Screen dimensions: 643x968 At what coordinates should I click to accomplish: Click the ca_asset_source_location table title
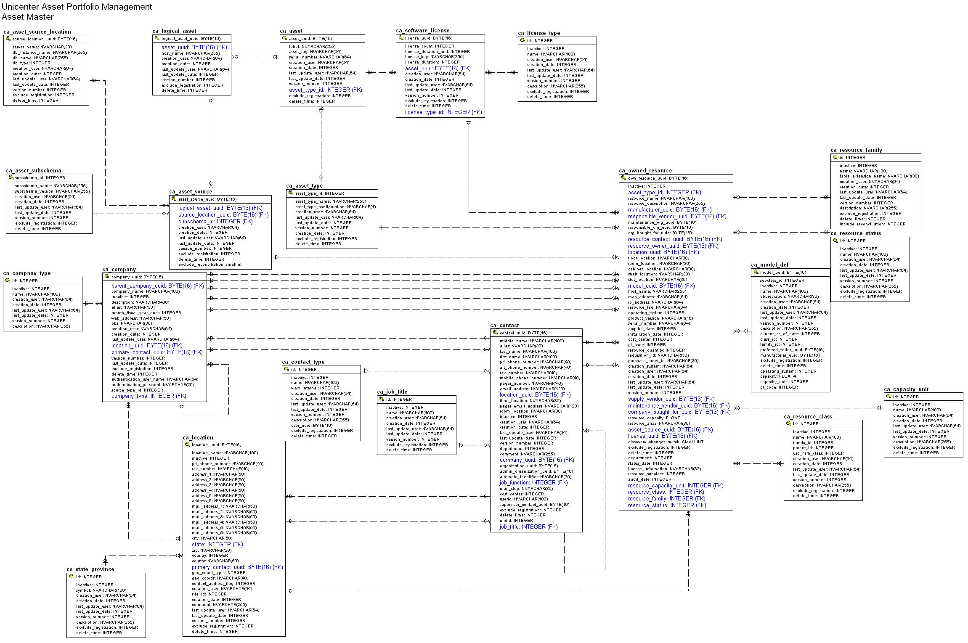coord(37,32)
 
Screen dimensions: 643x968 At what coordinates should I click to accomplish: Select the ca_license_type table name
coord(539,33)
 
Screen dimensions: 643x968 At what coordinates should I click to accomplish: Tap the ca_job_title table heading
coord(392,392)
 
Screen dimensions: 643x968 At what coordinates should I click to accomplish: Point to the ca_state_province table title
coord(90,569)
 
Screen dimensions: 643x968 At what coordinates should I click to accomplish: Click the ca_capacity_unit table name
coord(906,389)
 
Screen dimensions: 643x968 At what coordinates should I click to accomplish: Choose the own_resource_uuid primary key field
coord(658,178)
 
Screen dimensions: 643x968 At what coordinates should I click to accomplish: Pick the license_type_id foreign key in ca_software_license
coord(443,112)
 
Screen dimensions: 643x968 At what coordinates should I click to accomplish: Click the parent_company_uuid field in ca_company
coord(157,286)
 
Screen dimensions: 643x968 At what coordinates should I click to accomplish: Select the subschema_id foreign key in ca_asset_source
coord(215,222)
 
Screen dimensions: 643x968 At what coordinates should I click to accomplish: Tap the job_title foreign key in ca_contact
coord(528,527)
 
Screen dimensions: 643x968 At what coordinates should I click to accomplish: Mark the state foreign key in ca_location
coord(217,545)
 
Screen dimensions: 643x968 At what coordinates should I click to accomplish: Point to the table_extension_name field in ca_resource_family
coord(879,176)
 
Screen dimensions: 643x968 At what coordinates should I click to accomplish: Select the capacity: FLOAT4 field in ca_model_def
coord(778,376)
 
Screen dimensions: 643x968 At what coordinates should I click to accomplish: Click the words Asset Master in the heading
coord(28,17)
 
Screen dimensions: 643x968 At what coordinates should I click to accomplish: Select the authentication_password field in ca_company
coord(153,385)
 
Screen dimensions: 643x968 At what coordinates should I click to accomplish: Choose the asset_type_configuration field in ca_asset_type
coord(335,207)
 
